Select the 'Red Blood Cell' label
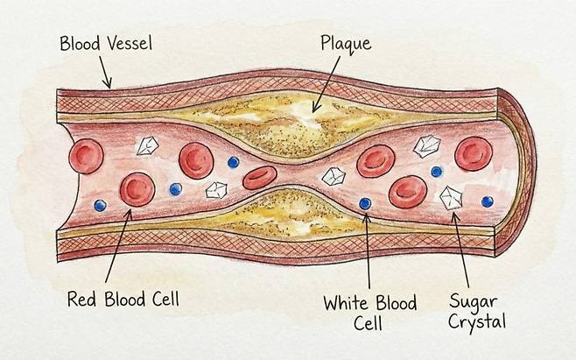coord(123,299)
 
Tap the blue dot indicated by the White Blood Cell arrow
coord(365,204)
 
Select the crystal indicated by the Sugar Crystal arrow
coord(451,196)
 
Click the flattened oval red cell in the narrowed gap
coord(260,178)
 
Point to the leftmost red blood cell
coord(87,157)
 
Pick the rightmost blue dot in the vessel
coord(487,201)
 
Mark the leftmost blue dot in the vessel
coord(101,205)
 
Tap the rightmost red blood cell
coord(474,154)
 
